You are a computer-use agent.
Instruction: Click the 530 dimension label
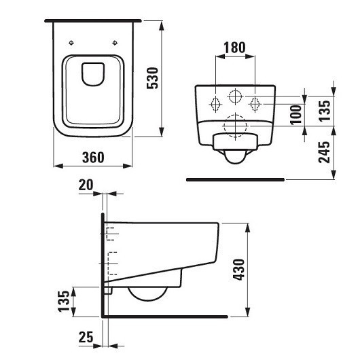pyautogui.click(x=173, y=79)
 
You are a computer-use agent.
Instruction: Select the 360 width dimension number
pyautogui.click(x=92, y=158)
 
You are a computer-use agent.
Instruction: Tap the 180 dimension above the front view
pyautogui.click(x=234, y=48)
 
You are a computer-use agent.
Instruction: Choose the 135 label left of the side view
pyautogui.click(x=64, y=300)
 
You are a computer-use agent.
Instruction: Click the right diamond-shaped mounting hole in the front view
pyautogui.click(x=256, y=104)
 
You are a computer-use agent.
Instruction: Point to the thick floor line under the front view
pyautogui.click(x=235, y=180)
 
